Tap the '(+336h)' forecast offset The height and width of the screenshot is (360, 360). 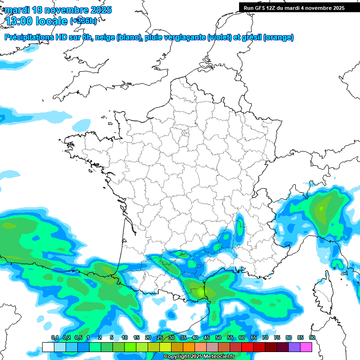[x=83, y=21]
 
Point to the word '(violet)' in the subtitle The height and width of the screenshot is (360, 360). [x=219, y=37]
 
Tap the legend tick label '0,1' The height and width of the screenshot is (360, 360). [x=54, y=338]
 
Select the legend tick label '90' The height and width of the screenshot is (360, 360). [x=312, y=338]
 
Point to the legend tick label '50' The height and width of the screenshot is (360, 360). [x=218, y=338]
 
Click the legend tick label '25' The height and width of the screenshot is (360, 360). [x=160, y=338]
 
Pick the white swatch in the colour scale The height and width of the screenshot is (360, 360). [x=48, y=347]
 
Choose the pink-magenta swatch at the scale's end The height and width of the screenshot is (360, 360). [x=306, y=347]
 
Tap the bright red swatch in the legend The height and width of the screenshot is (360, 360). [x=247, y=347]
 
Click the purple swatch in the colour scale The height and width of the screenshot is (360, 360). [x=294, y=347]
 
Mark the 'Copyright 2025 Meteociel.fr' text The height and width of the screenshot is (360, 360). [x=199, y=357]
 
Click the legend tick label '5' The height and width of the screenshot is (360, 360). [x=112, y=338]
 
